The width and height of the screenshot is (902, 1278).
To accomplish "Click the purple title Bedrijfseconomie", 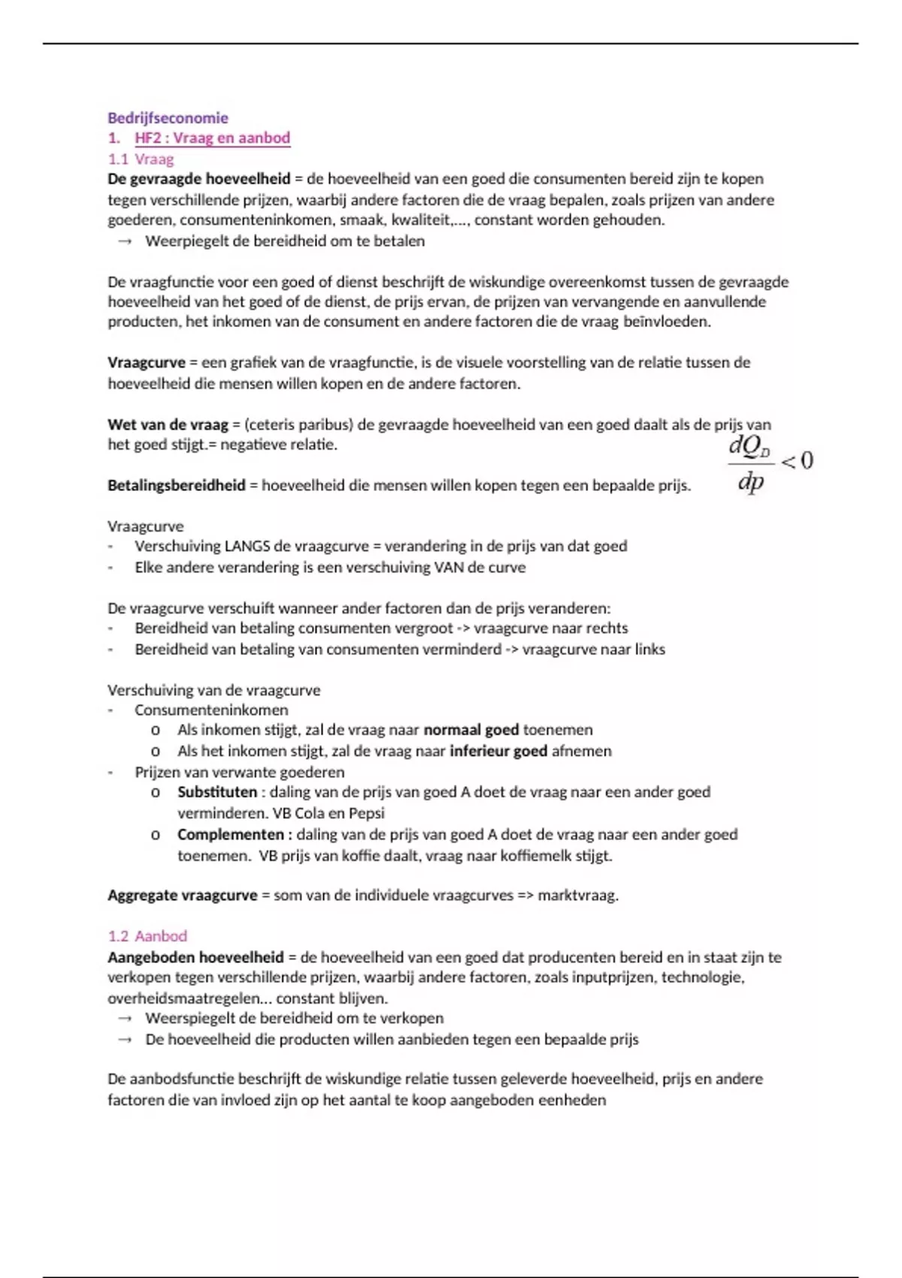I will [168, 117].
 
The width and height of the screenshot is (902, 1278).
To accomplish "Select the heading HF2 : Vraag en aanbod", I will [212, 138].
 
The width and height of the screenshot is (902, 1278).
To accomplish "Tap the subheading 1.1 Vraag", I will [141, 159].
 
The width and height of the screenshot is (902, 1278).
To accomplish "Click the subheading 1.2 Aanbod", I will [147, 936].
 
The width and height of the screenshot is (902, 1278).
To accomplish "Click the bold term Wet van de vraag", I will [168, 425].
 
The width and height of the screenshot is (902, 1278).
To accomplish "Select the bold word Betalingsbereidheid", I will [177, 486].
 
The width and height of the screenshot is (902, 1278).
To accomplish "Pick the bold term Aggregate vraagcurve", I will [183, 895].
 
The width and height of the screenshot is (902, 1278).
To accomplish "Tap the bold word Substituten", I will [217, 792].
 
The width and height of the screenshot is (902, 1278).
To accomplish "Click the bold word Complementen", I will [231, 834].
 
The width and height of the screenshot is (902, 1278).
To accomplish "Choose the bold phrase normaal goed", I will [471, 730].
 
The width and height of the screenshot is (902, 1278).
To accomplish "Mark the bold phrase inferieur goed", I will [498, 751].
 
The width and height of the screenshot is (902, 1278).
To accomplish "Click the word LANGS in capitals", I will [247, 547].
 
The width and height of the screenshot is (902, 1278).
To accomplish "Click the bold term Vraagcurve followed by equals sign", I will [147, 362].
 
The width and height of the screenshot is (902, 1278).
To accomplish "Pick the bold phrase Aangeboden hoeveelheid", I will [196, 958].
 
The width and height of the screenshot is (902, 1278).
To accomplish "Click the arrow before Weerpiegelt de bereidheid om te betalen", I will [125, 241].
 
